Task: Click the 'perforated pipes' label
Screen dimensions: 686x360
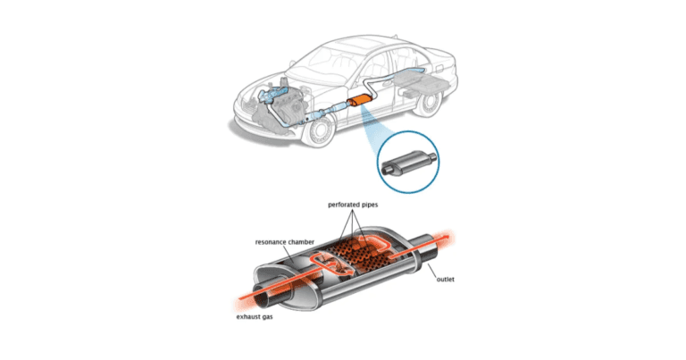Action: pos(353,205)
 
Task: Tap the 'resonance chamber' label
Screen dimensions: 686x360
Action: pos(284,242)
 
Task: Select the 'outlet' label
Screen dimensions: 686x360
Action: pos(446,279)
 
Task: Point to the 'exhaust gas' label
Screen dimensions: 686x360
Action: pos(255,317)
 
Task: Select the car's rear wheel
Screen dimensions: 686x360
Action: pos(426,103)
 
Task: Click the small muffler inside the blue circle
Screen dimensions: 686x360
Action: pos(408,162)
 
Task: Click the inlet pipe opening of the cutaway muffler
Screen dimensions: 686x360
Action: pos(265,298)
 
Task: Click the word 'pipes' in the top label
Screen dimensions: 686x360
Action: pos(367,205)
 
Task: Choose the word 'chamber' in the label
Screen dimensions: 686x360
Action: pos(300,242)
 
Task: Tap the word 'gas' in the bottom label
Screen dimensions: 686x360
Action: pos(267,317)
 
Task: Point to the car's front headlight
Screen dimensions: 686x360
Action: pos(245,107)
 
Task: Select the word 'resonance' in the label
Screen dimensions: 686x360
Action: pos(270,242)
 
